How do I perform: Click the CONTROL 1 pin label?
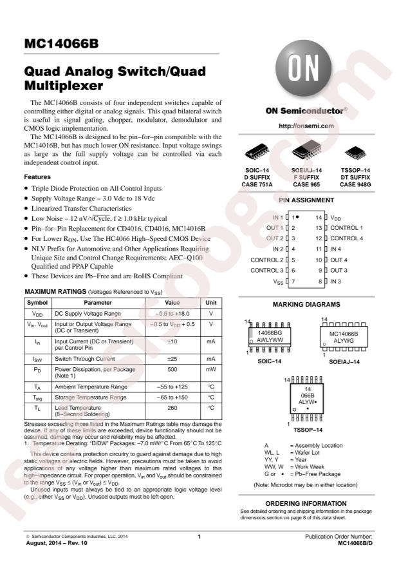tap(347, 228)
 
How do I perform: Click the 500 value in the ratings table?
tap(172, 370)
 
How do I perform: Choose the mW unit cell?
tap(210, 370)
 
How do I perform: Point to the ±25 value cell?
tap(172, 358)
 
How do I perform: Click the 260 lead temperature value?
tap(172, 408)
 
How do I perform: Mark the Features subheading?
tap(38, 177)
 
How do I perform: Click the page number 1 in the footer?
tap(199, 537)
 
